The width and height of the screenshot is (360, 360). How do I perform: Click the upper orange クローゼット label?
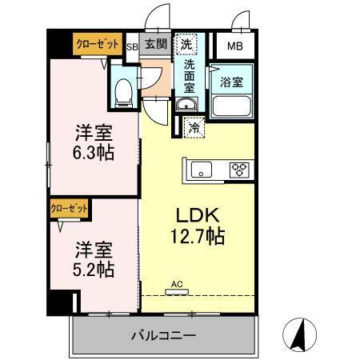pyautogui.click(x=98, y=45)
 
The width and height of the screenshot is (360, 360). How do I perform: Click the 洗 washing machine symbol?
pyautogui.click(x=185, y=43)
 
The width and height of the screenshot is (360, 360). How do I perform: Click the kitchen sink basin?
pyautogui.click(x=201, y=169)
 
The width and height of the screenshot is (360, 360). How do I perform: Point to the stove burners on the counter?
pyautogui.click(x=238, y=169)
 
